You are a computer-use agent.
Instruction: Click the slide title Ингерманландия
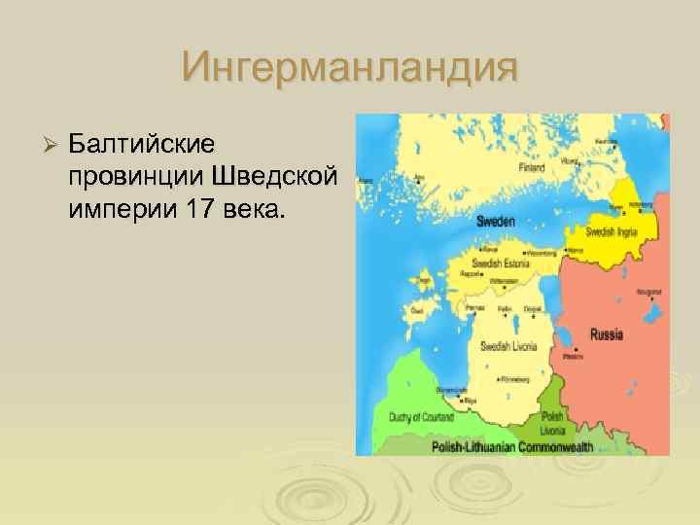pos(349,69)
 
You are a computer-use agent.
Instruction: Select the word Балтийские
pos(142,144)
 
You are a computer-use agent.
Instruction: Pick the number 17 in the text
pos(191,210)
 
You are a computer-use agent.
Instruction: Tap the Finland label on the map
pos(531,166)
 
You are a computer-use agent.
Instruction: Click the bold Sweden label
pos(495,222)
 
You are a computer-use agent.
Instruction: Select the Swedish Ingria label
pos(610,231)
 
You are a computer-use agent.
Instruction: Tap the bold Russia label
pos(607,335)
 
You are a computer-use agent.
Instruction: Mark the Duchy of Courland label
pos(422,416)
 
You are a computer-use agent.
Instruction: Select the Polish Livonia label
pos(553,421)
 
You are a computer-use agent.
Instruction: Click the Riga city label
pos(471,400)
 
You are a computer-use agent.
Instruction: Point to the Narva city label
pos(575,251)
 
